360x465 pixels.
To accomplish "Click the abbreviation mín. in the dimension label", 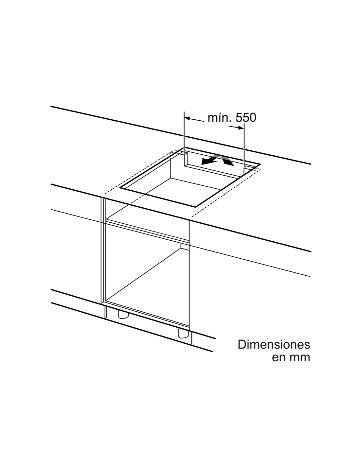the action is [x=219, y=118].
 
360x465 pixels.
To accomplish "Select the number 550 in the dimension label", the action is [x=246, y=118].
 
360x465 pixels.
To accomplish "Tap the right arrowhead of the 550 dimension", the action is [x=241, y=128].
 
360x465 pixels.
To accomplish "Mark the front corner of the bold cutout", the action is [x=195, y=207].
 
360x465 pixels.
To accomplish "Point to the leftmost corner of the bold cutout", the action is [x=120, y=188].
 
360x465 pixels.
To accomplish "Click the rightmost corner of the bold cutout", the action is [x=260, y=164].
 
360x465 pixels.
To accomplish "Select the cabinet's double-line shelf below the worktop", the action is [x=148, y=231].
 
